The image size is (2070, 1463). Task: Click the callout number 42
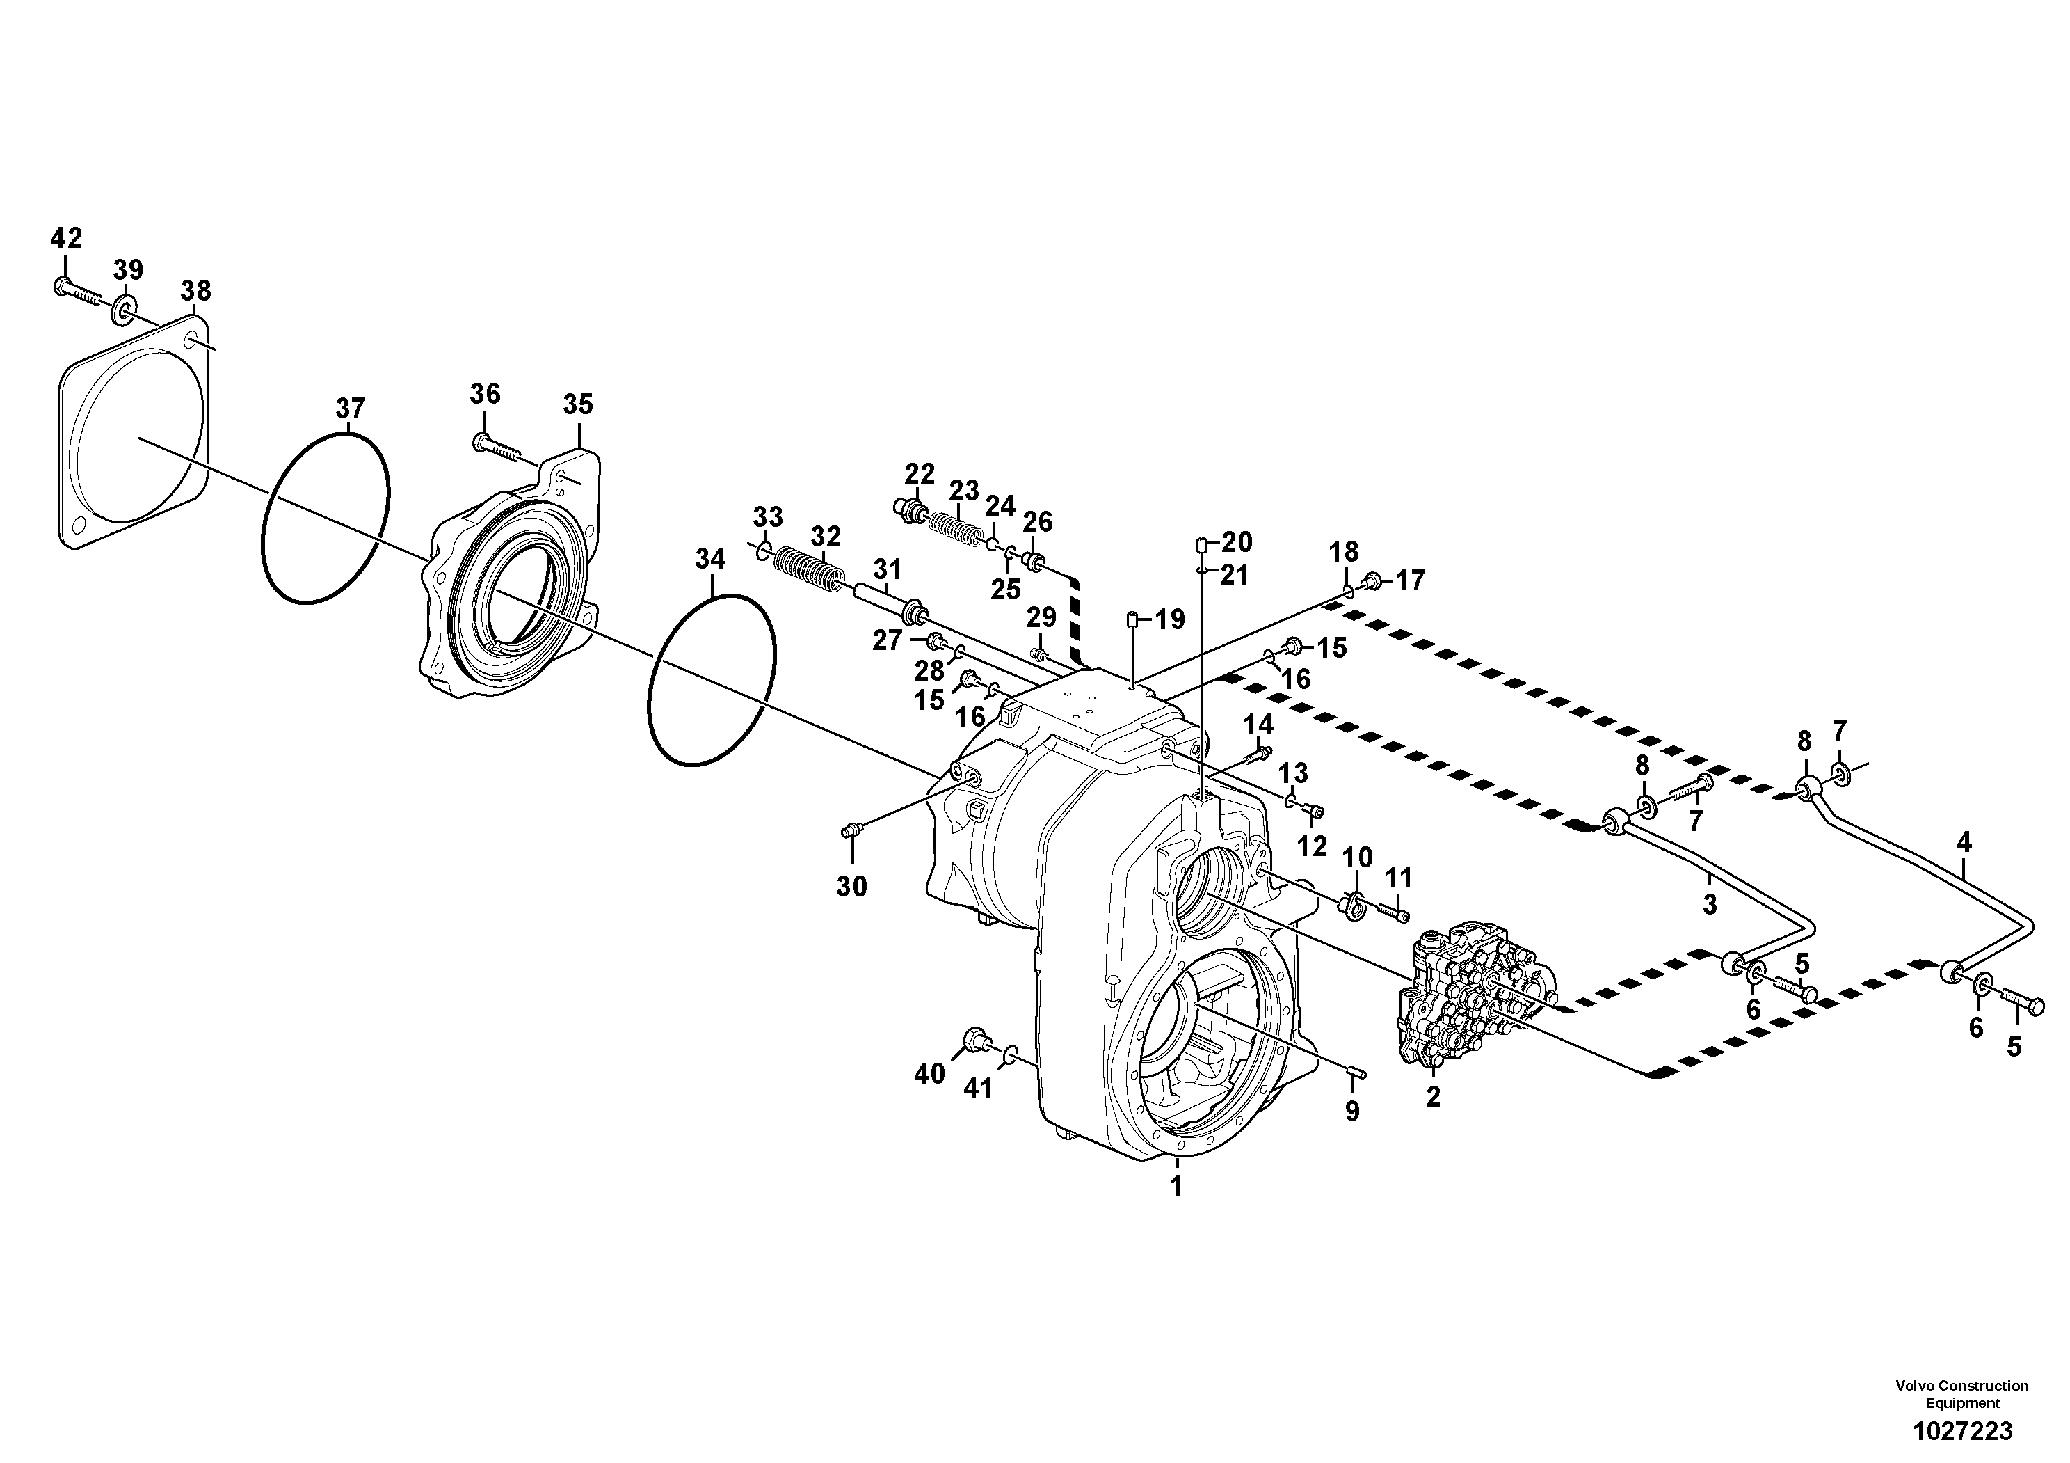66,238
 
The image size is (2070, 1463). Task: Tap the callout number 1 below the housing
1176,1187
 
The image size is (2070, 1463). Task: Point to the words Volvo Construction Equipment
1961,1393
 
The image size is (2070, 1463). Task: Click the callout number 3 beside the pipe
1710,905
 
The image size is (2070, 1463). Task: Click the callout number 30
851,887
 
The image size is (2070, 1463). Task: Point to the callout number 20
1236,542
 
